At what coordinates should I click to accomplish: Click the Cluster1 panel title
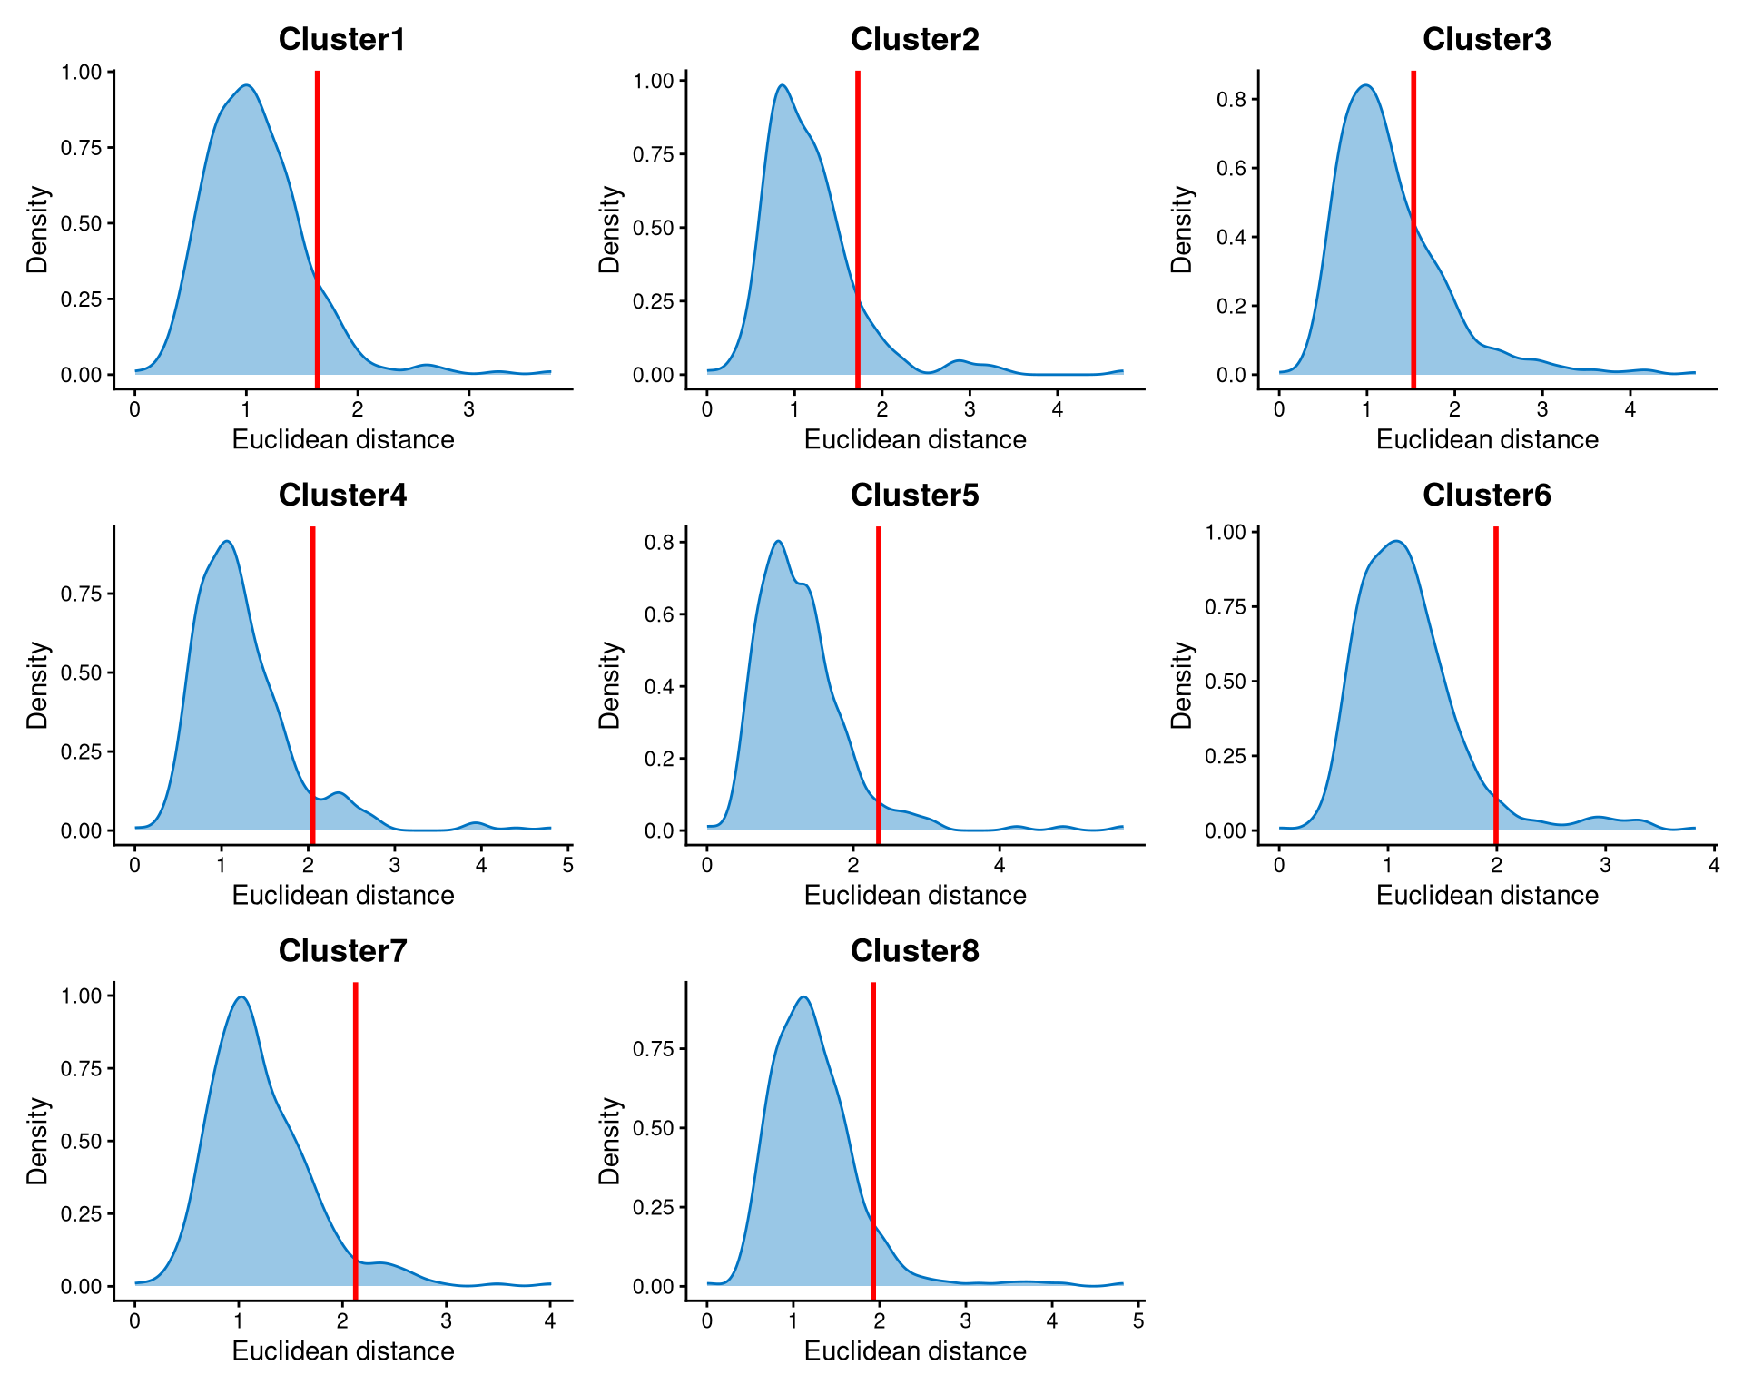click(x=341, y=39)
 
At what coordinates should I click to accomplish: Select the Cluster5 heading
click(x=914, y=495)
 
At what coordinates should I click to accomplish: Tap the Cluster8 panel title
click(x=914, y=950)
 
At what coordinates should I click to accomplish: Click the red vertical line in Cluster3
click(x=1413, y=227)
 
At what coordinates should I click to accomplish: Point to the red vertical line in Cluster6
click(x=1495, y=681)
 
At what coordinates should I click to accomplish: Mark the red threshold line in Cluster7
click(x=355, y=1134)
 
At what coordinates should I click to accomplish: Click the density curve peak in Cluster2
click(x=782, y=86)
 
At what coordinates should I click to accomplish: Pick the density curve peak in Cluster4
click(x=227, y=543)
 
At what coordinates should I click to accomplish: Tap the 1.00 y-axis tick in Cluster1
click(x=81, y=72)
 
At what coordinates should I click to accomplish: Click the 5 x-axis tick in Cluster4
click(x=567, y=865)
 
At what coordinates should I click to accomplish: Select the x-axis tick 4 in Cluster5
click(x=999, y=865)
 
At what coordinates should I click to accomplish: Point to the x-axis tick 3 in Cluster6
click(x=1605, y=865)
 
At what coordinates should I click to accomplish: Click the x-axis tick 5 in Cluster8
click(x=1138, y=1320)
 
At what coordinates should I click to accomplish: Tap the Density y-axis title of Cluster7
click(x=37, y=1140)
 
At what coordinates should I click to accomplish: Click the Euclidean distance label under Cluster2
click(x=914, y=439)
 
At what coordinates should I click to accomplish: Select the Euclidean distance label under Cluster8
click(x=914, y=1350)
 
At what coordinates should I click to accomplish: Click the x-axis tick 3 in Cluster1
click(x=468, y=409)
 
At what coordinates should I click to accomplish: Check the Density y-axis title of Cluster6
click(x=1181, y=684)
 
